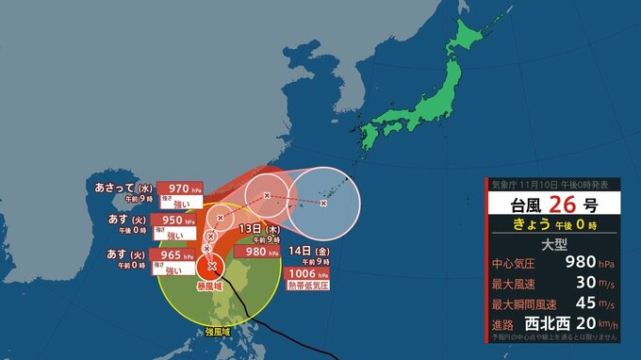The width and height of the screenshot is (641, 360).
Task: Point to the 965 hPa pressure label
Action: pyautogui.click(x=177, y=255)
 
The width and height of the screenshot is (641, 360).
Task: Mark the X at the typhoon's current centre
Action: pyautogui.click(x=211, y=265)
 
